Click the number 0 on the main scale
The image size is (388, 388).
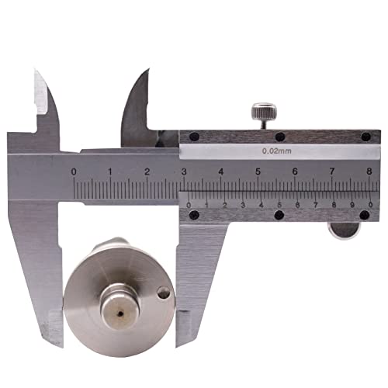point(74,171)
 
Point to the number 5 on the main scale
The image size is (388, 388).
point(258,171)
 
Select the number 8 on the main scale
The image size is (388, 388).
point(369,171)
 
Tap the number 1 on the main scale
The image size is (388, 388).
point(110,171)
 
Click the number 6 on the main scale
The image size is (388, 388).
point(295,171)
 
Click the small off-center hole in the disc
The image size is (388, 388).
point(164,293)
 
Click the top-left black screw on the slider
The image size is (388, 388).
point(193,137)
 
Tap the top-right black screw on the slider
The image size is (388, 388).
point(365,137)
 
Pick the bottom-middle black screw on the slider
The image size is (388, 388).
point(279,215)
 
